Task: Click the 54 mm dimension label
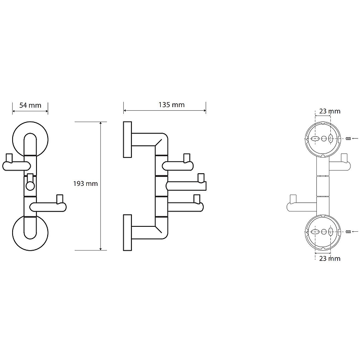30,105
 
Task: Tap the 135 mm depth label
172,105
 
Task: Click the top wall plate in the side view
126,140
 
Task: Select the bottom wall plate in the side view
126,232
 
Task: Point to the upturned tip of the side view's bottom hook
196,198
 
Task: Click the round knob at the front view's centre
30,185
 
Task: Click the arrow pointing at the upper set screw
355,139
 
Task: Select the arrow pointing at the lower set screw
355,232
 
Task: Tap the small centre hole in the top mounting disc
324,139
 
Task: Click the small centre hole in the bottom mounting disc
324,232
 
